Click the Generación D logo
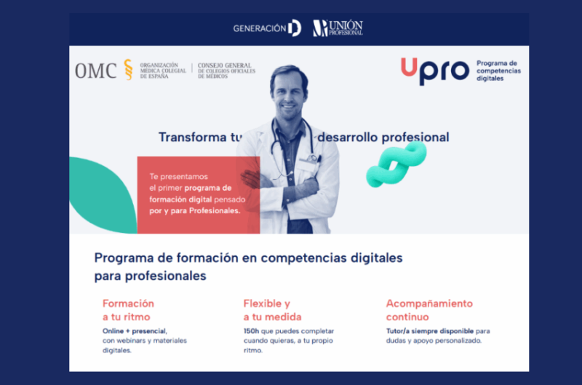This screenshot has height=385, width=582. pos(267,28)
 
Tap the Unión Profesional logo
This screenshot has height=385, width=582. pos(338,28)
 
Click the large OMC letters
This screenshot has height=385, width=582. pos(96,71)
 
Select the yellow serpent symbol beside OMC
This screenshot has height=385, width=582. pos(129,69)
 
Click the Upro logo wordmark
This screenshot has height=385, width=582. pos(435,71)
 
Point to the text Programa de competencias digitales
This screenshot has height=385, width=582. pos(498,71)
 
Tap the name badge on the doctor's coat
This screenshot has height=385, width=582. pos(307,164)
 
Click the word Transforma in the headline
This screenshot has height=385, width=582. pos(192,137)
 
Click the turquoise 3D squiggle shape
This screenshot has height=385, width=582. pos(396,164)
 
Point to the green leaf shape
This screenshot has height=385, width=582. pos(103,195)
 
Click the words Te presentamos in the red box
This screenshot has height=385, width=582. pos(178,177)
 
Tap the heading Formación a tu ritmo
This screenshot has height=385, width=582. pos(128,310)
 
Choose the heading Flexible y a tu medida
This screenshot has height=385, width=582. pos(272,310)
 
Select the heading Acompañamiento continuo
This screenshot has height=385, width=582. pos(429,310)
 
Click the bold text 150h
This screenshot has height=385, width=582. pos(251,331)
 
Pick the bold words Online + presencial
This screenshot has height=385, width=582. pos(135,331)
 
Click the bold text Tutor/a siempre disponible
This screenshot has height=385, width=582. pos(430,331)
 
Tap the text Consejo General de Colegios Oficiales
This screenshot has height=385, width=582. pos(226,68)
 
